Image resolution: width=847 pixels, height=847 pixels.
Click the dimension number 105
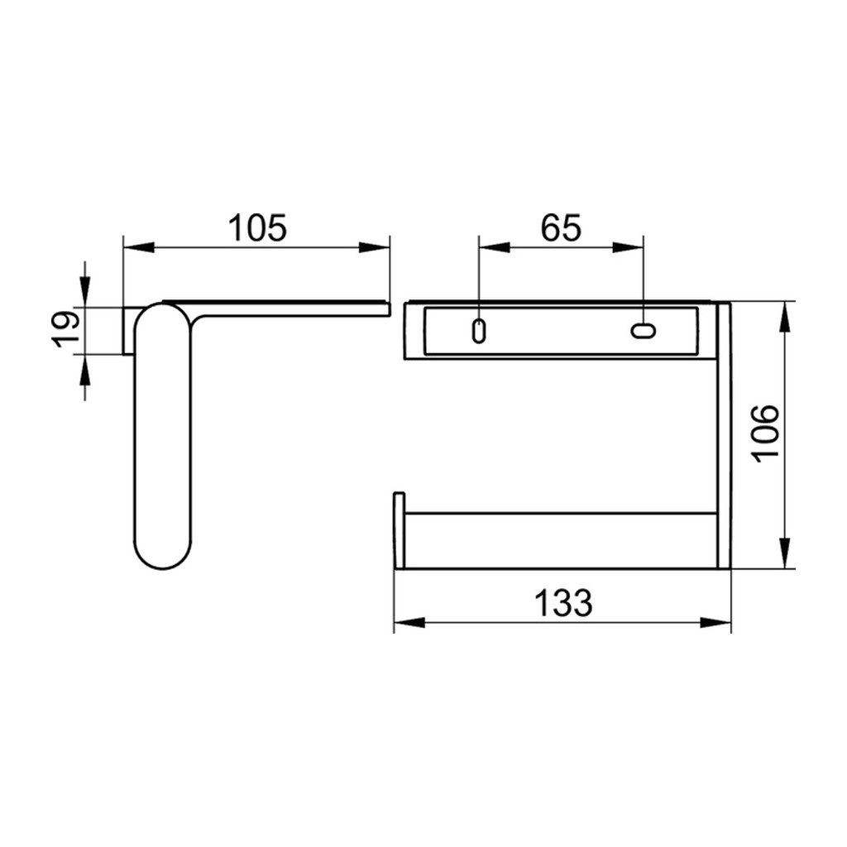[257, 227]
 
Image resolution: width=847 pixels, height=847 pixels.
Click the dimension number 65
[562, 227]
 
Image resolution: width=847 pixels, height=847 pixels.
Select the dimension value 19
[65, 329]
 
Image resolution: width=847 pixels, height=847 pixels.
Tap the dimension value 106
[766, 433]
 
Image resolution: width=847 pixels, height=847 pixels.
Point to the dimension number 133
[563, 603]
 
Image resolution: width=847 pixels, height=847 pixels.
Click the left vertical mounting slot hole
[478, 331]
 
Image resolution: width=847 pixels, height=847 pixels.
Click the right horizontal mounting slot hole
[644, 331]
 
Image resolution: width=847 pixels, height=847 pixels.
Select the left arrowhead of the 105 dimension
[139, 247]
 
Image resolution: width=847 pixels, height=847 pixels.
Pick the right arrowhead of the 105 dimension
[374, 247]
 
